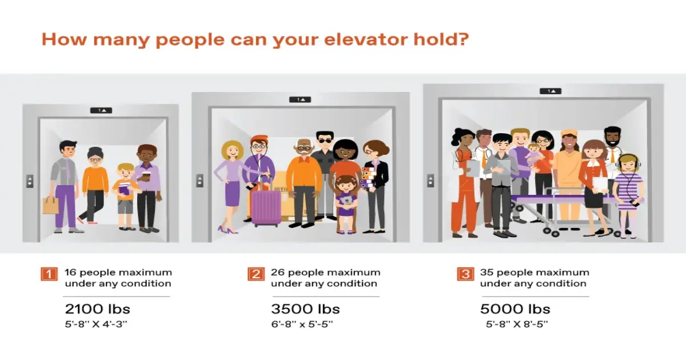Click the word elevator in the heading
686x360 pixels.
click(x=356, y=40)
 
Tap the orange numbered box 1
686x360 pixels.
click(x=49, y=274)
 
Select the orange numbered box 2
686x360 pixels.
click(x=256, y=274)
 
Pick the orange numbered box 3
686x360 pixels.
click(x=465, y=274)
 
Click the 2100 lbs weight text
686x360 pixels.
click(x=97, y=309)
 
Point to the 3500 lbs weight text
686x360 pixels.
click(x=305, y=309)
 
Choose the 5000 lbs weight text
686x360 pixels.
click(x=515, y=309)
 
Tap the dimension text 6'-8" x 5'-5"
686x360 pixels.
click(x=302, y=324)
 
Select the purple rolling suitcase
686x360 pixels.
click(x=266, y=206)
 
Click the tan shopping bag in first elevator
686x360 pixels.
click(x=50, y=205)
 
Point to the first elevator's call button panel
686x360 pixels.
click(x=29, y=181)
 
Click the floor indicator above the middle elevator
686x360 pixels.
click(x=300, y=99)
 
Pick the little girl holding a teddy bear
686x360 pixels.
click(x=346, y=200)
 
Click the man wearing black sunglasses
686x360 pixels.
click(x=325, y=171)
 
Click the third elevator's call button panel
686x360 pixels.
click(x=430, y=181)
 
